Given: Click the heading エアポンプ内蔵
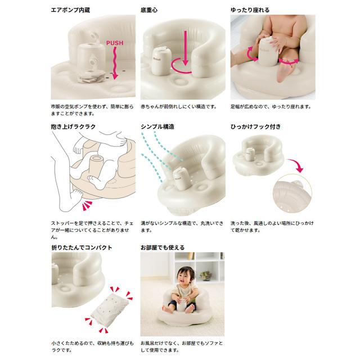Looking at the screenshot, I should tap(70, 10).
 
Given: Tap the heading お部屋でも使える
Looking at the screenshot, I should tap(163, 247).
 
